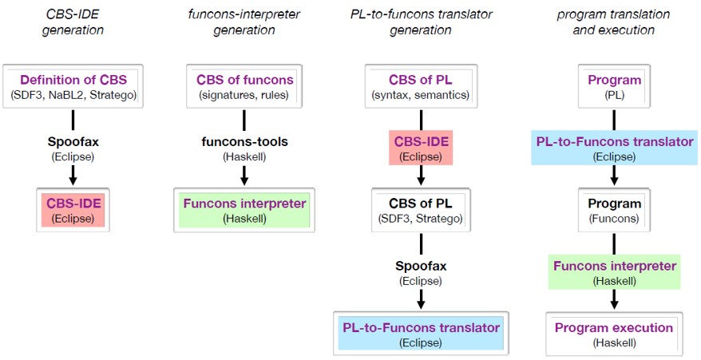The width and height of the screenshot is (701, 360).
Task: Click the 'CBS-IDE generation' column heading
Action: point(73,22)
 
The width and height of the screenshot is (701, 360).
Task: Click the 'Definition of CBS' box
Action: point(73,87)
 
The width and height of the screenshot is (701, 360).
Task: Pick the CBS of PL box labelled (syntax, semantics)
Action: point(421,87)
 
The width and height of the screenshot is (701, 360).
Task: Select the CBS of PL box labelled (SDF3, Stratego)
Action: point(421,211)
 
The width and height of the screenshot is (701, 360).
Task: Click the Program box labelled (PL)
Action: point(614,87)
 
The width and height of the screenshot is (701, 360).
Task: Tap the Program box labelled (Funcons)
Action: point(614,211)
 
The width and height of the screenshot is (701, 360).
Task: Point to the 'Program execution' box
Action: point(614,334)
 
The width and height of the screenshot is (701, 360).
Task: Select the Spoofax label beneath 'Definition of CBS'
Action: point(73,141)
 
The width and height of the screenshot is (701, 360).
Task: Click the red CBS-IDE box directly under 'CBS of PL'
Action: point(422,148)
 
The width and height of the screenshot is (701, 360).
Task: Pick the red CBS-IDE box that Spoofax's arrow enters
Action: point(73,210)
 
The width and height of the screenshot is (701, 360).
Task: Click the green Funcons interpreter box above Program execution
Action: point(614,272)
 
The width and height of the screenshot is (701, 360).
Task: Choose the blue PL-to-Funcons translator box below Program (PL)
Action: point(614,148)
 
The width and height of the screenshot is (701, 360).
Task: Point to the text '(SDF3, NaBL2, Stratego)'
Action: point(73,96)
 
